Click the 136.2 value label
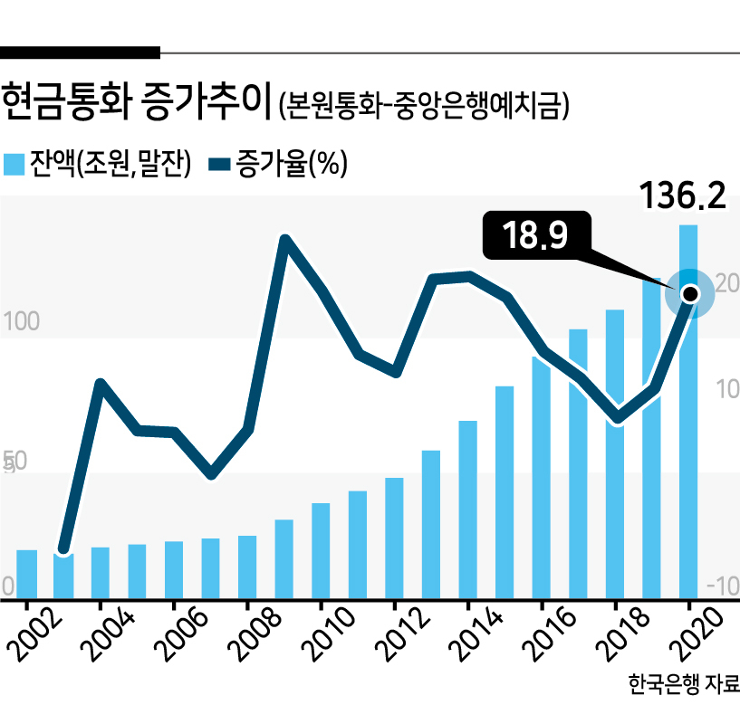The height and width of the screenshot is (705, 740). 683,195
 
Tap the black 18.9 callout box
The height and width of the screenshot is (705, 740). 536,234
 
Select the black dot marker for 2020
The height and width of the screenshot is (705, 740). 690,294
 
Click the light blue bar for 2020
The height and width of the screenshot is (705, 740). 688,412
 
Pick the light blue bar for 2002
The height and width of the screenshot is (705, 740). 27,575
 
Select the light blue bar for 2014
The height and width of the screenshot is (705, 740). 467,510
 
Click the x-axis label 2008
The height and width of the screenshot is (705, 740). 254,634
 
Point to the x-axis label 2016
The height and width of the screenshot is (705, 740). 549,634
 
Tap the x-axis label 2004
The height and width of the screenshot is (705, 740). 107,634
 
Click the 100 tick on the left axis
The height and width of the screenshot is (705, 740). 21,321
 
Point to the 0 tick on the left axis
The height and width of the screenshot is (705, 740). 7,586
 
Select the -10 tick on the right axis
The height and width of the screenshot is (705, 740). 723,586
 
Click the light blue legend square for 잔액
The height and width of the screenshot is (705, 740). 14,164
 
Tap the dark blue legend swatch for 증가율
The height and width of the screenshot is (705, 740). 219,164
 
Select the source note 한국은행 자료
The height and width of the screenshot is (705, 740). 684,683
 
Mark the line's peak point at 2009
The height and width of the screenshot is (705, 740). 285,240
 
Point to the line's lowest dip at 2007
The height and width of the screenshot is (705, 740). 211,473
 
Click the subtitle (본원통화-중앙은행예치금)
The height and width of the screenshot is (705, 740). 424,105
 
